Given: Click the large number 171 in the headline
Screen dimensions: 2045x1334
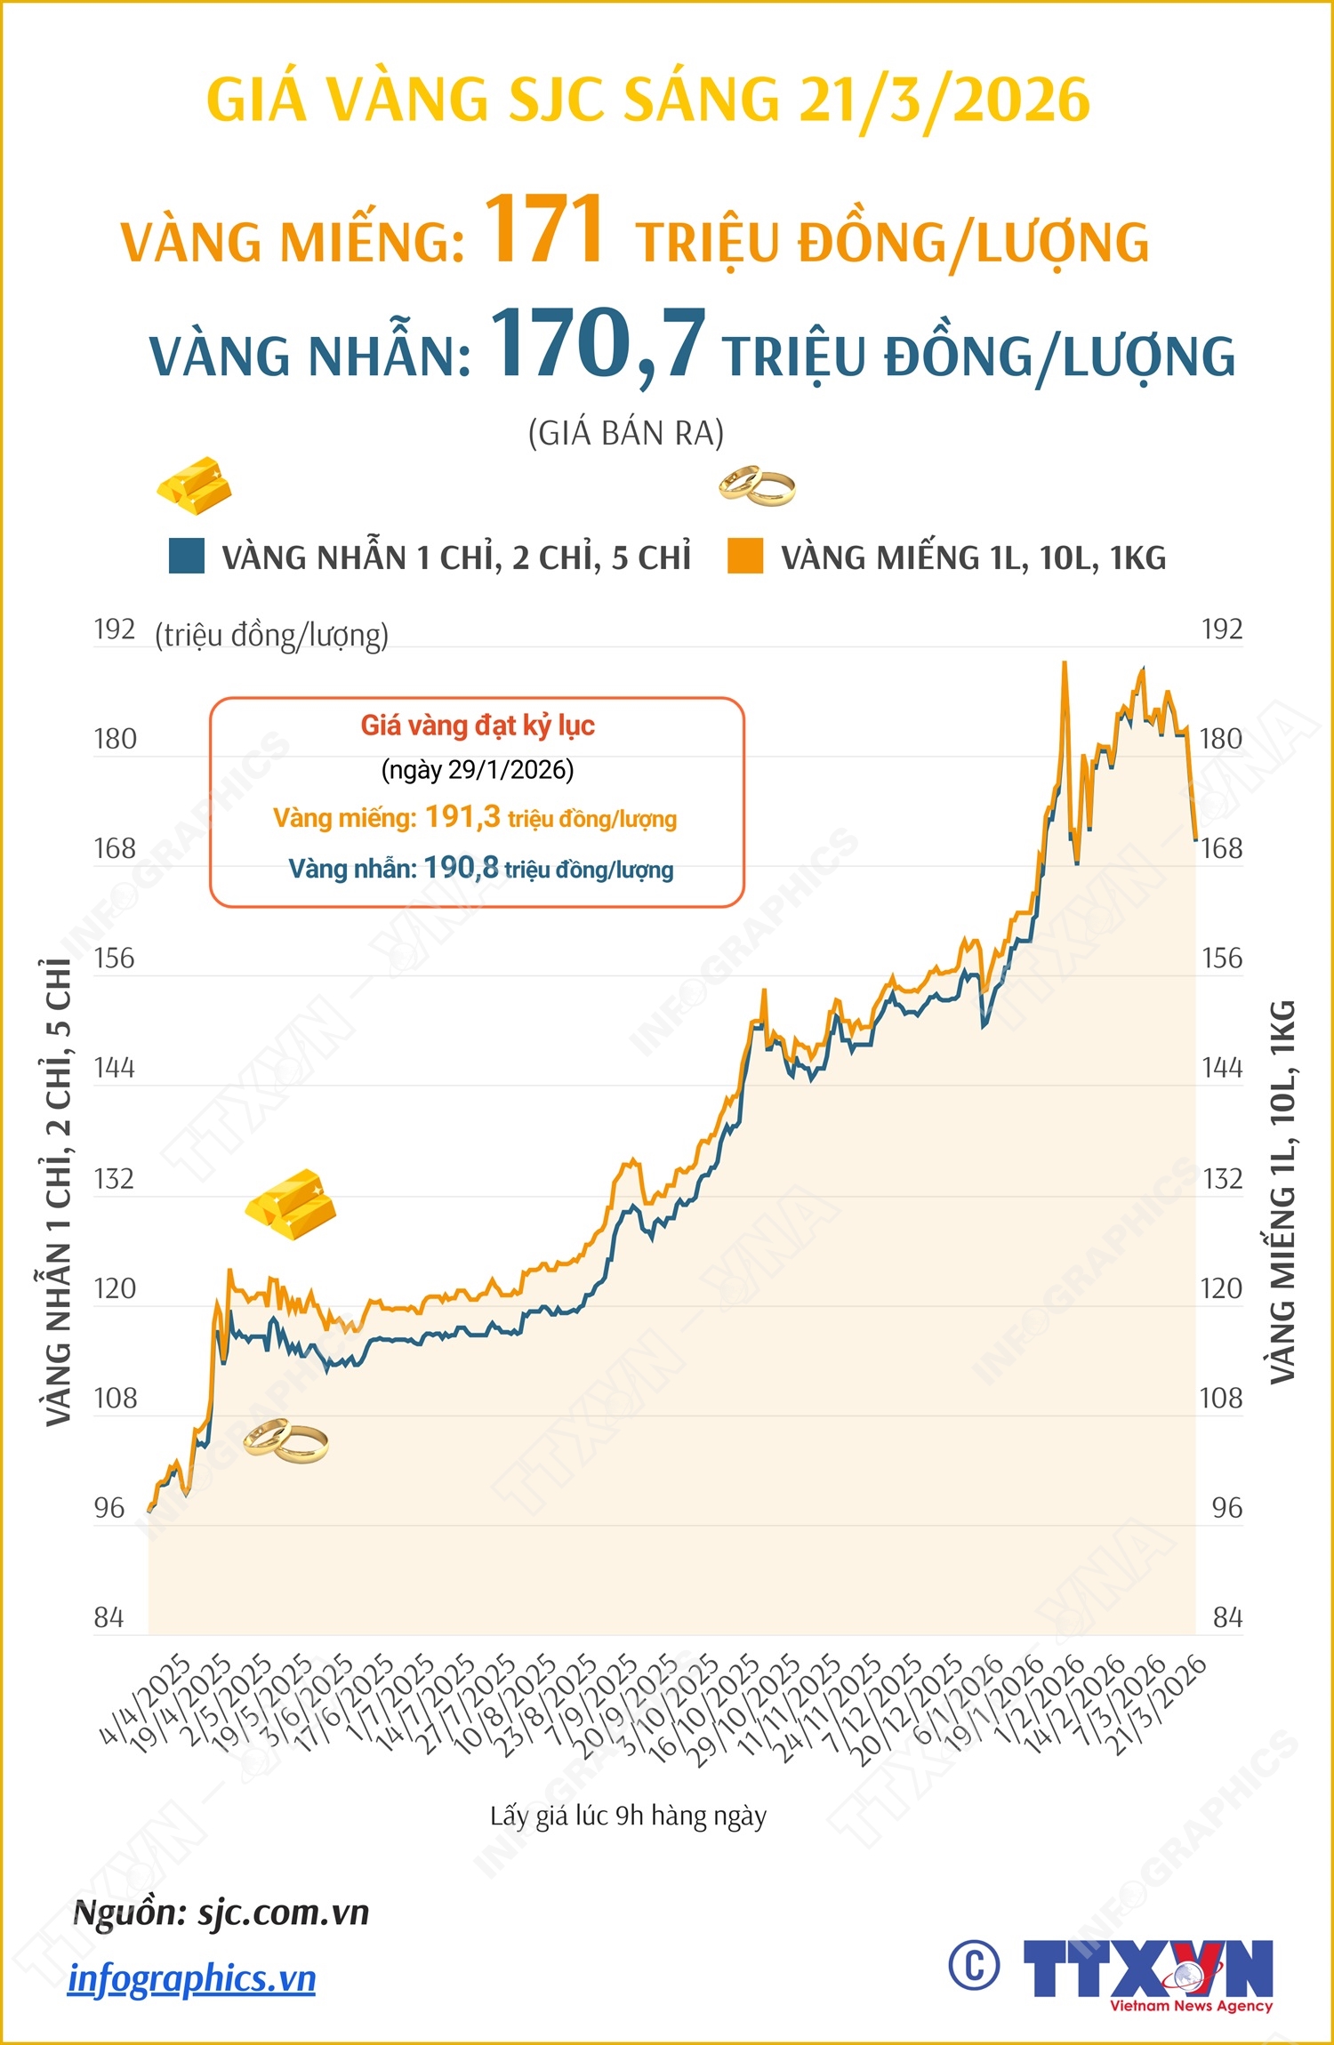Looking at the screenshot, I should (x=544, y=229).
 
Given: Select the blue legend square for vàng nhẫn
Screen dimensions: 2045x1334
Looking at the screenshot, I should (x=187, y=556).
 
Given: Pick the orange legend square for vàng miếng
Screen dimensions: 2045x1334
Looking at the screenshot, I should (x=745, y=556).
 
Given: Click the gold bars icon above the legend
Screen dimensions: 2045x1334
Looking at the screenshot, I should (x=195, y=485).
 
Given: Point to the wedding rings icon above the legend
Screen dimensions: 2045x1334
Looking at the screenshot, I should (x=757, y=485).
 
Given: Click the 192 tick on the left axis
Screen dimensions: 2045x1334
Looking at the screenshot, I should (x=115, y=630).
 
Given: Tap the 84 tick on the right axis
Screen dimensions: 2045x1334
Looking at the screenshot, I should (x=1227, y=1617).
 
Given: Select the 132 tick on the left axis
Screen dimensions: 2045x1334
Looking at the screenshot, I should (x=115, y=1179).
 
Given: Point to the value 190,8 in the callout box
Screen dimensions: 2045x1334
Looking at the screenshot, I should (x=461, y=868).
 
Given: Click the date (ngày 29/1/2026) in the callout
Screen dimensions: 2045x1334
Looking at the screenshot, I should (x=478, y=770).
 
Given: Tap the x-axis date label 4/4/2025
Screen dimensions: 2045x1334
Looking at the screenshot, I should (x=146, y=1700).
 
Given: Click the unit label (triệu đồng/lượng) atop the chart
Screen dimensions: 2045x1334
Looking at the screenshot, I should (x=272, y=636).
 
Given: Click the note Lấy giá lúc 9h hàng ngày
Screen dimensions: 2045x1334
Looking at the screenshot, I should (x=628, y=1816).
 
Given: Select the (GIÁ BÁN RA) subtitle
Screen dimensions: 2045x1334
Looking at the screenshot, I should (x=626, y=433).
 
